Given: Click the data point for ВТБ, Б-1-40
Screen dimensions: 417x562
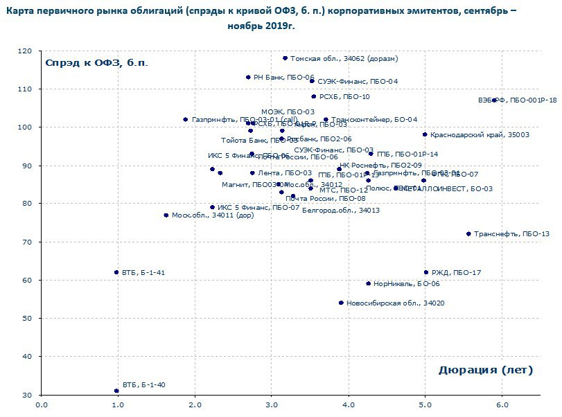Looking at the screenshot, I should coord(116,391).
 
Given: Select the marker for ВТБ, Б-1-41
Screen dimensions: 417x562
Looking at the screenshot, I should coord(116,272).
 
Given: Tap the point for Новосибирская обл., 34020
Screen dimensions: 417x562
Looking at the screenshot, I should coord(341,303).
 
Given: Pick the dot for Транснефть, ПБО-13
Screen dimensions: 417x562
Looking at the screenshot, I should coord(468,234).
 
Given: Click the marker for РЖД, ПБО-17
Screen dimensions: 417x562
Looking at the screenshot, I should coord(426,272).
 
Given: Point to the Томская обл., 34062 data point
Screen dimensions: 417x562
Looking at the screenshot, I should coord(285,58).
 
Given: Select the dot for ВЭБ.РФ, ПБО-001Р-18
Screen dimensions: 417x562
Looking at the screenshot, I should coord(494,100).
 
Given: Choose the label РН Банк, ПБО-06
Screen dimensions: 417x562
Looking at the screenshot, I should coord(284,78).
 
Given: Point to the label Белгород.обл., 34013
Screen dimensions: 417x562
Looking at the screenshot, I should coord(341,210).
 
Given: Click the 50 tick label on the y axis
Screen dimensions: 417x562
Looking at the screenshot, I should coord(27,319).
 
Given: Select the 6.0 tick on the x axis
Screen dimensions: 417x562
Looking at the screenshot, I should coord(502,405).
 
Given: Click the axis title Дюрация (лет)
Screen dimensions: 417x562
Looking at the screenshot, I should coord(485,370).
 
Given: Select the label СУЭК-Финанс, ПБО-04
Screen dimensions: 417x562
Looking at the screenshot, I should coord(358,82).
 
